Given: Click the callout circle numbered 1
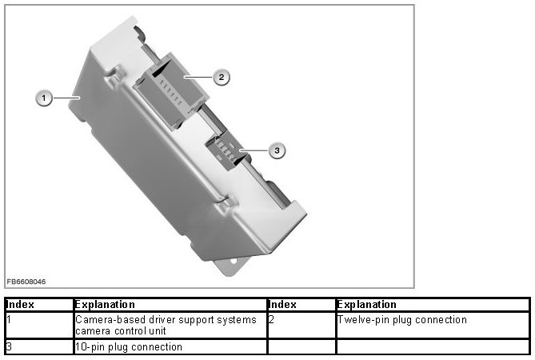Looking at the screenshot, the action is [45, 98].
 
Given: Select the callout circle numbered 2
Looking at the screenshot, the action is [222, 77].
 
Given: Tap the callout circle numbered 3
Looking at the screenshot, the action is [276, 150].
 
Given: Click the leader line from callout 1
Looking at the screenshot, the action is [66, 98].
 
